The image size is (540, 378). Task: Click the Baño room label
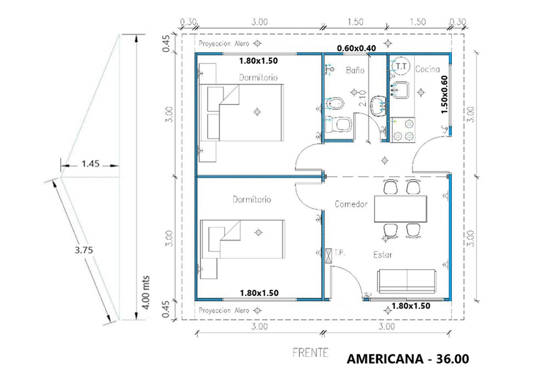point(355,70)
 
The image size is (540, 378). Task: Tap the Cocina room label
point(427,69)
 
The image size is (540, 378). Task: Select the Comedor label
point(351,204)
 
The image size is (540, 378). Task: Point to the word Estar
point(383,254)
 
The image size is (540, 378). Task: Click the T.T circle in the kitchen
point(401,66)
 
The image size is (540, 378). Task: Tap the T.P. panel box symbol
point(328,256)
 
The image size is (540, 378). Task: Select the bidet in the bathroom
point(335,104)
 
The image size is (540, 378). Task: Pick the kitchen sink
point(400,90)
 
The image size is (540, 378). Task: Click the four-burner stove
point(403,130)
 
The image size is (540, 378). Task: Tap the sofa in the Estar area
point(407,281)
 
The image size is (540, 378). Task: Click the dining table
point(400,209)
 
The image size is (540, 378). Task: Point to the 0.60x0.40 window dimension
point(356,48)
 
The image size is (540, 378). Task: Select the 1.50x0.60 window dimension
point(444,94)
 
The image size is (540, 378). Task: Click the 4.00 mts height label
point(146,293)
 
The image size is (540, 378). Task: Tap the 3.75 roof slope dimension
point(84,250)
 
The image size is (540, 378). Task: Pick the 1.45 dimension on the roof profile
point(90,164)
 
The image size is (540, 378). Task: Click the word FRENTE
point(310,353)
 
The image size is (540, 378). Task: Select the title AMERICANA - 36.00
point(408,359)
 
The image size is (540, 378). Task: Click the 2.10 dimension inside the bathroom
point(362,98)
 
